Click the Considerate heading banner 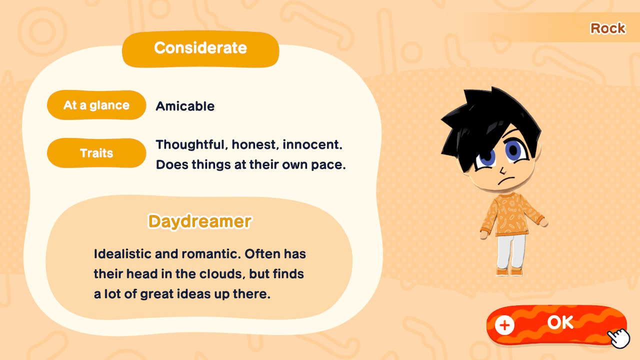pos(200,48)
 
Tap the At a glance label pos(96,105)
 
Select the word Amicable pos(185,106)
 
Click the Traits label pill pos(96,153)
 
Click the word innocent pos(312,145)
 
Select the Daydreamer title pos(199,221)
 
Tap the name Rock pos(607,28)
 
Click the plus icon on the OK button pos(504,325)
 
